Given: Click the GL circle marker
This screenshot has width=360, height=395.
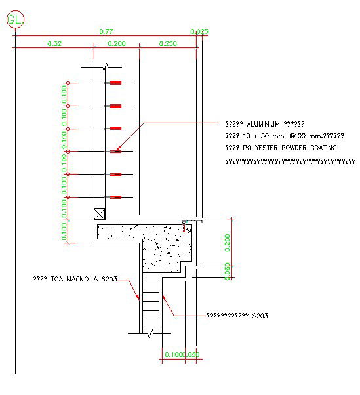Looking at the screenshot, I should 14,20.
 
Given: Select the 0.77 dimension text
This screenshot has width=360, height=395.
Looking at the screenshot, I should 106,31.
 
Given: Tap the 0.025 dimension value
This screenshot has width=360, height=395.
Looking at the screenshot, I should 199,31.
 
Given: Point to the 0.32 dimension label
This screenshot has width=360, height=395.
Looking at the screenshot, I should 55,43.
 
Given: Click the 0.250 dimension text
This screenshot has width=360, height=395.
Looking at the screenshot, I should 168,43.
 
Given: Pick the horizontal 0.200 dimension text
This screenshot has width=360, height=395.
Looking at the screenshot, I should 116,43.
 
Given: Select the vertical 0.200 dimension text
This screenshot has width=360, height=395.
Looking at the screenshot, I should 228,242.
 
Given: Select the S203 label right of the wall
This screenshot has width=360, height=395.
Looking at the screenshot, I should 260,316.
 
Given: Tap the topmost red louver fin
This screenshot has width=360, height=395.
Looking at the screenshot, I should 116,83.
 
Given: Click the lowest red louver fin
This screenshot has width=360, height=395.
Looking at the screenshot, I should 116,197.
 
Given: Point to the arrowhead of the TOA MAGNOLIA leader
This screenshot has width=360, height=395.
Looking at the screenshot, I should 138,299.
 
